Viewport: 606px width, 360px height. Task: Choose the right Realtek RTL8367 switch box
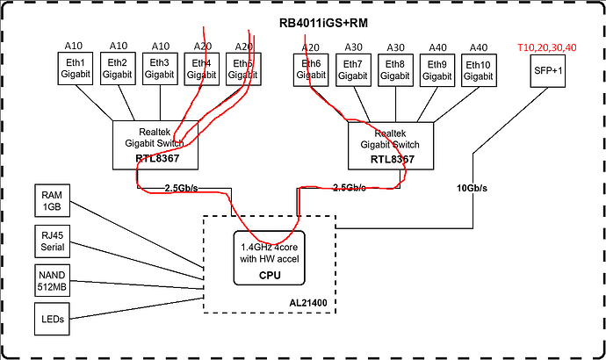point(391,145)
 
